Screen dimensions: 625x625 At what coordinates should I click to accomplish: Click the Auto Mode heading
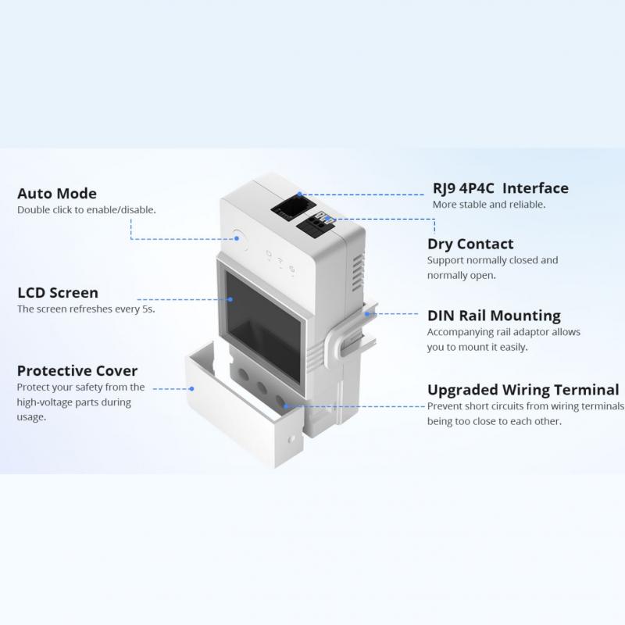[57, 193]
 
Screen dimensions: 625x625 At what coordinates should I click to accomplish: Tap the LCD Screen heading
[58, 292]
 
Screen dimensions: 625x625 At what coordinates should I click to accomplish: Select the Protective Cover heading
[77, 370]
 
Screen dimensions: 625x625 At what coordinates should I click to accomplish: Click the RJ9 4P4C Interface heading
[501, 188]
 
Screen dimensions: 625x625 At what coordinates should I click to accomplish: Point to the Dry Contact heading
[470, 244]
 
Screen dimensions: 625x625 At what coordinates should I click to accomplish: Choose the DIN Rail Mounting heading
[494, 316]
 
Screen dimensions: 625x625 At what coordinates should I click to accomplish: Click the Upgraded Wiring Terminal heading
[523, 390]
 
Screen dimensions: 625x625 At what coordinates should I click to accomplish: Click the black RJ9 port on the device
[293, 207]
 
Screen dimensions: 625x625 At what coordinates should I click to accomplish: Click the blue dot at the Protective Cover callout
[191, 388]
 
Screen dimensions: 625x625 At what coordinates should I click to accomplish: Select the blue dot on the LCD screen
[230, 299]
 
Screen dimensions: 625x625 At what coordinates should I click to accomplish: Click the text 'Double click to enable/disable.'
[87, 210]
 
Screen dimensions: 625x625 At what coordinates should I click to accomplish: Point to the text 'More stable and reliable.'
[489, 205]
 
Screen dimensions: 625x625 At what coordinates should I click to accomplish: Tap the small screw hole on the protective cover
[291, 439]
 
